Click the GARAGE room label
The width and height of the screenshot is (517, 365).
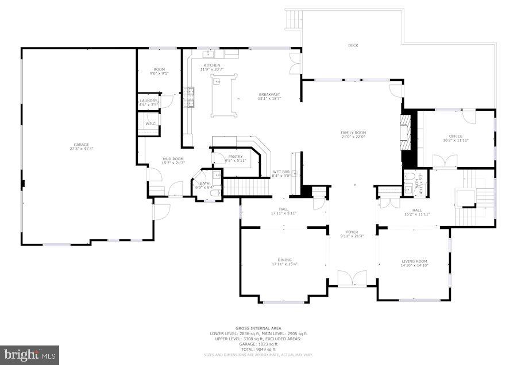tap(81, 145)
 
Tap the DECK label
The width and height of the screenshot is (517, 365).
tap(353, 45)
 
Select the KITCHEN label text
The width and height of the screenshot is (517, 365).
tap(211, 65)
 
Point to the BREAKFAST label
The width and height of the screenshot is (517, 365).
tap(269, 95)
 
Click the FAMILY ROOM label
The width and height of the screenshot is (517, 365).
tap(353, 133)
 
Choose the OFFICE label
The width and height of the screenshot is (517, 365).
tap(456, 136)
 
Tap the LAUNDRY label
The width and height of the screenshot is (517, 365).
tap(148, 101)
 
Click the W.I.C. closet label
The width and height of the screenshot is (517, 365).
tap(151, 123)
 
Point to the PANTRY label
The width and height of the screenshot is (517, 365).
tap(235, 156)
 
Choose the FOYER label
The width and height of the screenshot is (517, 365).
tap(352, 232)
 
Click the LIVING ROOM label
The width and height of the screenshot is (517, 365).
tap(414, 261)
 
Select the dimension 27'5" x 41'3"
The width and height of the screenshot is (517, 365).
tap(81, 149)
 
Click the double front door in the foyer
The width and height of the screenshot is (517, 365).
tap(352, 279)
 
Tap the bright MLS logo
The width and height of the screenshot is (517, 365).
tap(30, 354)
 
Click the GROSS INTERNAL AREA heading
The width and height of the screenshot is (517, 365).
tap(258, 329)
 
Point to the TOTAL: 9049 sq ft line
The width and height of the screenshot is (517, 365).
tap(258, 349)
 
